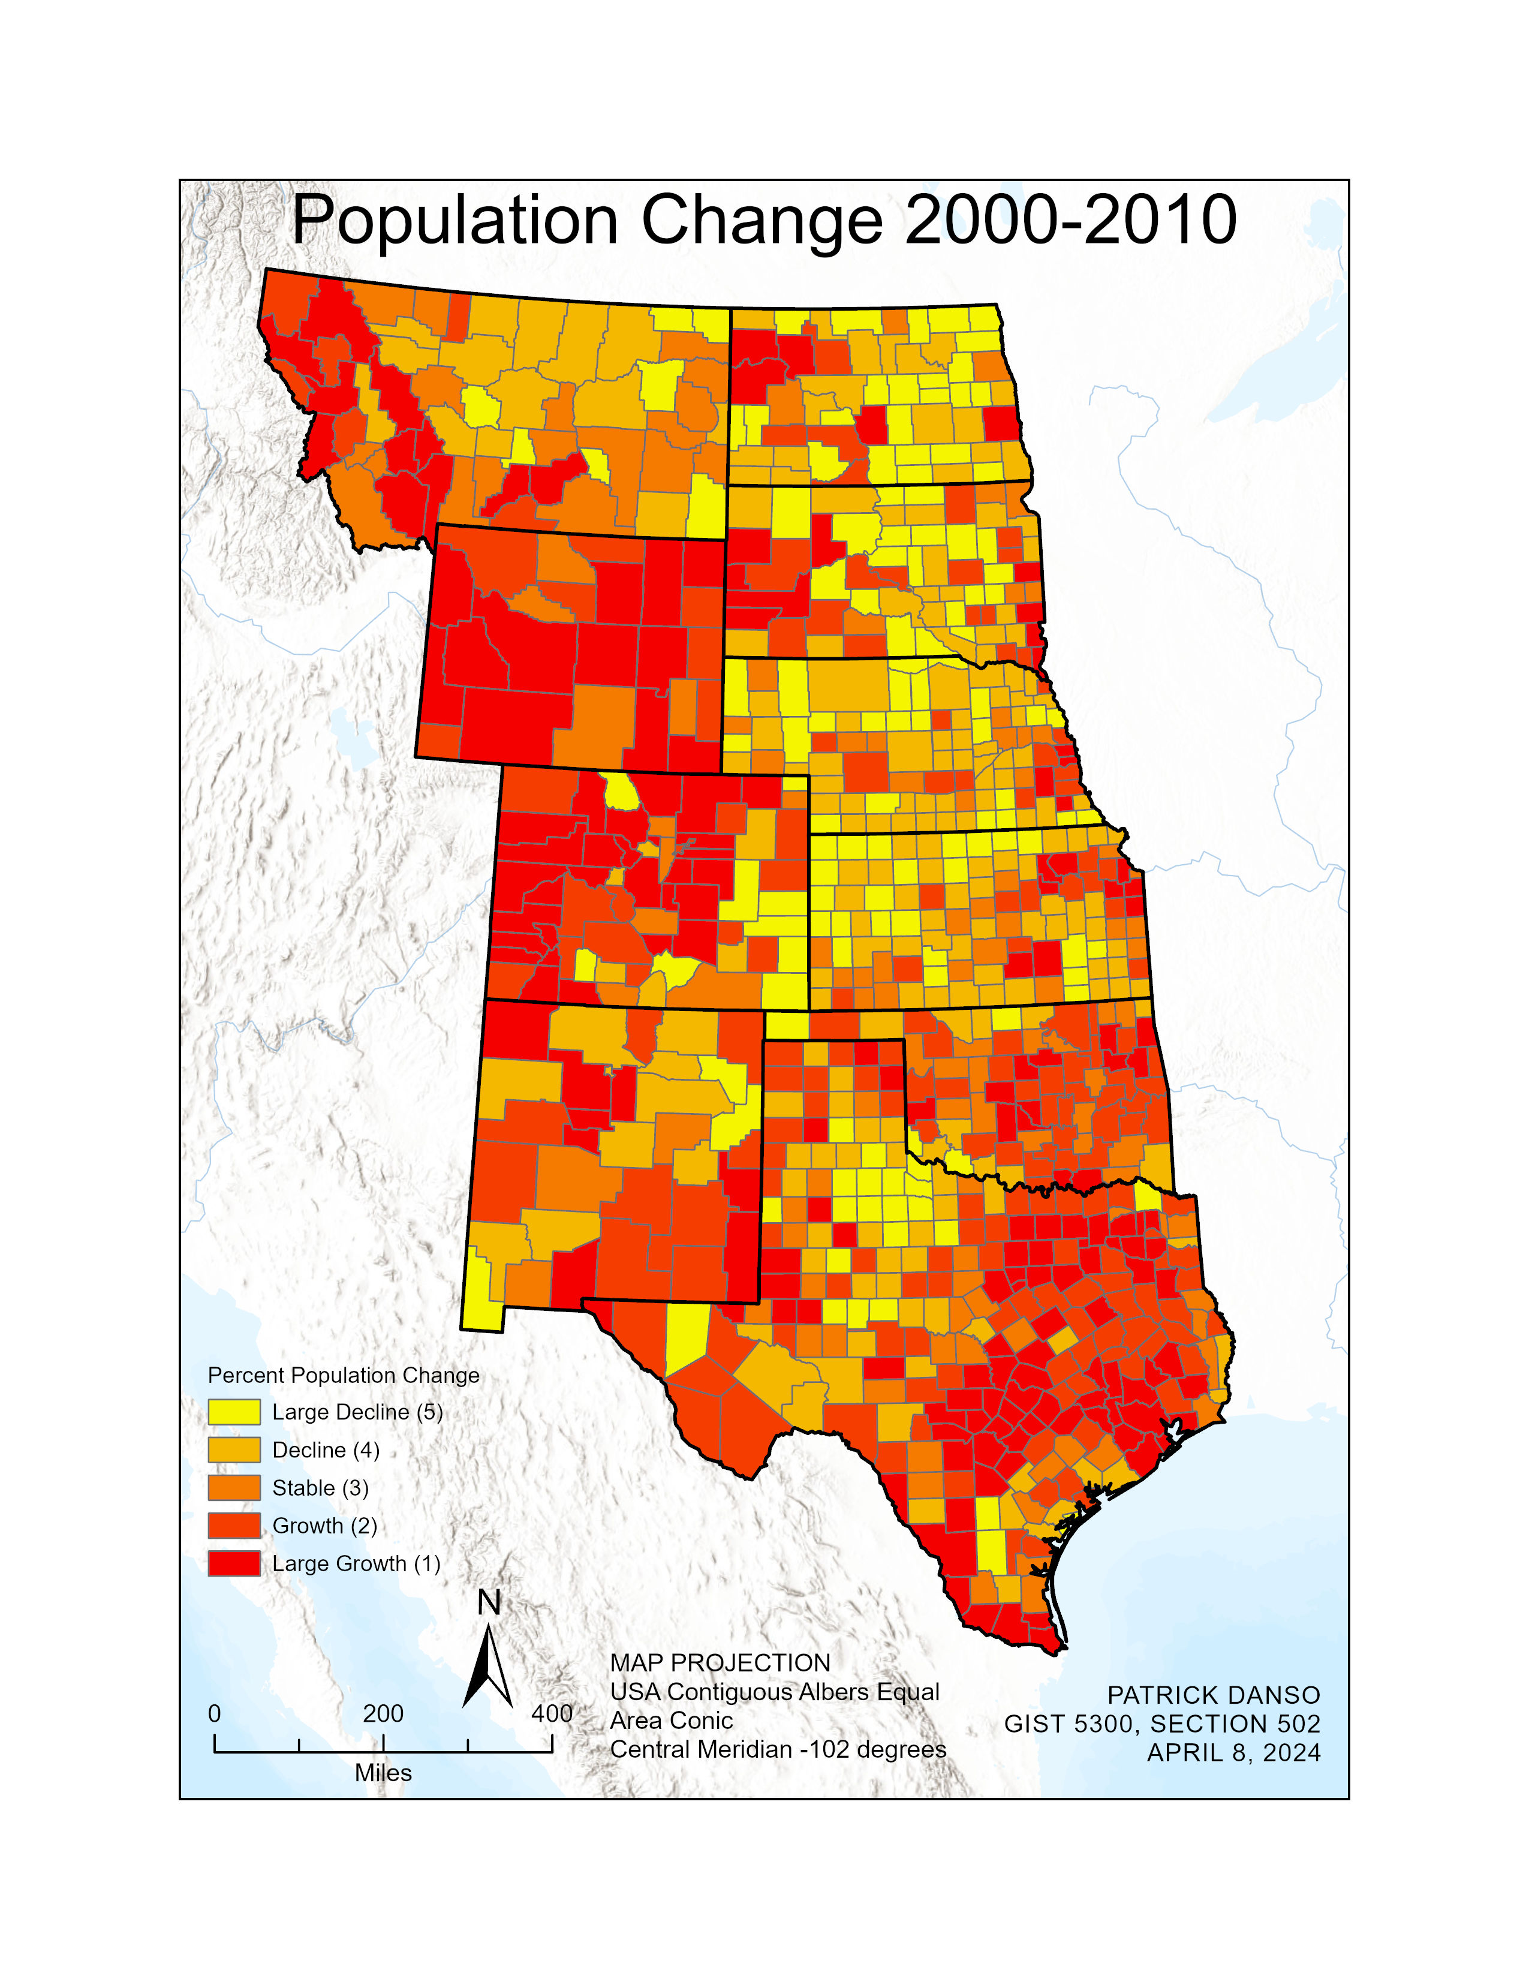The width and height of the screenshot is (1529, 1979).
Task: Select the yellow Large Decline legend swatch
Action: point(234,1412)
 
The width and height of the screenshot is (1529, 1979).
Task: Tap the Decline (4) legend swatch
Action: point(234,1450)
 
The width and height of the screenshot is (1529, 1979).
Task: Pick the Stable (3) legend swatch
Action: point(234,1488)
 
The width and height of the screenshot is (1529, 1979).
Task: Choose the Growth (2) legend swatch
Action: point(234,1526)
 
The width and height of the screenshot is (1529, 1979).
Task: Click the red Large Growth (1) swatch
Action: point(234,1564)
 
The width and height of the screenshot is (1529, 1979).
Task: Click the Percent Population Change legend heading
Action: point(344,1375)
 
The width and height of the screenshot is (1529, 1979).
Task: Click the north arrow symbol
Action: point(488,1667)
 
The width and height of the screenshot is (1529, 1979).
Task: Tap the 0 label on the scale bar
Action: point(215,1713)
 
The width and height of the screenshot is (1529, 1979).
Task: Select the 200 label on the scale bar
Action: point(383,1713)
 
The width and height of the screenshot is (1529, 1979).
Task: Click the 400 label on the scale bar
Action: point(552,1713)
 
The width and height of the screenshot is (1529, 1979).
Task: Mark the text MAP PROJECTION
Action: point(720,1663)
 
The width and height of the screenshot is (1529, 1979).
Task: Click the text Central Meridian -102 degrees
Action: point(778,1749)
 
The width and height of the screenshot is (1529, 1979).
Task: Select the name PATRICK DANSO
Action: point(1214,1695)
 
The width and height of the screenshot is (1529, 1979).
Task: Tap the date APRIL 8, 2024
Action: point(1234,1752)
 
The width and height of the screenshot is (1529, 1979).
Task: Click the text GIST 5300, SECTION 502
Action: point(1162,1724)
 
